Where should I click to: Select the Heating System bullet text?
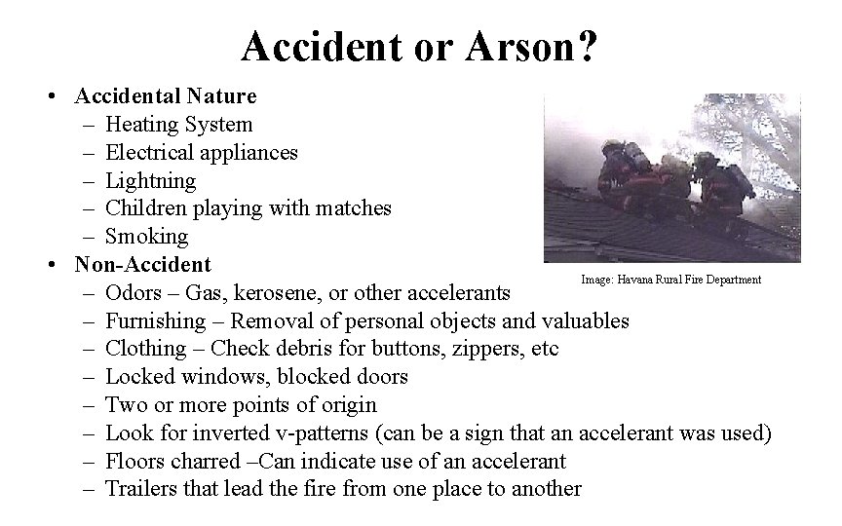(x=178, y=124)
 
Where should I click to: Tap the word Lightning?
(x=150, y=180)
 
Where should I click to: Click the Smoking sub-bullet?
(x=146, y=236)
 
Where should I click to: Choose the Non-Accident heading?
(x=142, y=264)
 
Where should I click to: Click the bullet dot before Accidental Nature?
(x=60, y=96)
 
